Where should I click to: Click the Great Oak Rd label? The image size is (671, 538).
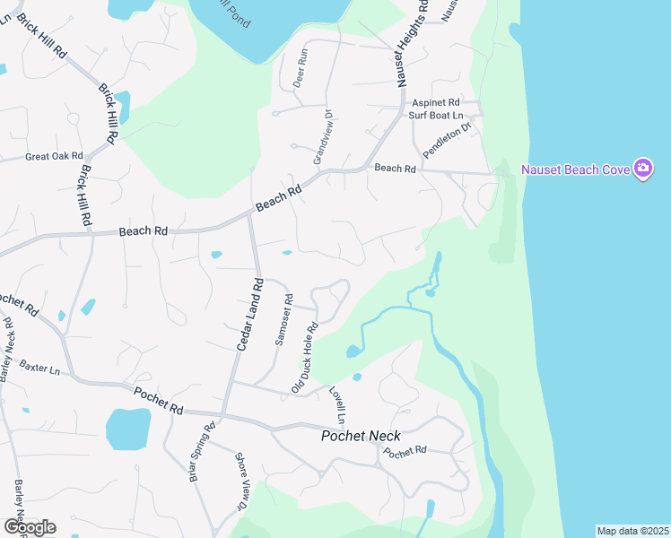point(54,156)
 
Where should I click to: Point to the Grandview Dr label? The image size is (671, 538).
point(323,135)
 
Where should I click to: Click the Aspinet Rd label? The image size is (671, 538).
point(435,103)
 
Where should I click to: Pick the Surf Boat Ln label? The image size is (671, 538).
point(435,116)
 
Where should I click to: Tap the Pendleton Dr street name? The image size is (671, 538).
point(447,142)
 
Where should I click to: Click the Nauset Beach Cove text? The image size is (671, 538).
point(573,169)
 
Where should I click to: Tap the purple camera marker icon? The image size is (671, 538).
point(643,168)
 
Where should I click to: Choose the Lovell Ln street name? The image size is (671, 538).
point(336,405)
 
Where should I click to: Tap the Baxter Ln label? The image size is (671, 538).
point(39,368)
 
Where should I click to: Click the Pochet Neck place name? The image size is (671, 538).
point(362,436)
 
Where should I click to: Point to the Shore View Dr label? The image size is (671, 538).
point(241,482)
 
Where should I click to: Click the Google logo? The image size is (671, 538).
point(30,526)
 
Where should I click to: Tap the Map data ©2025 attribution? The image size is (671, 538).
point(632,531)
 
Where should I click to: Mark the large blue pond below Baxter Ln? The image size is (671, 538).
point(127,429)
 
